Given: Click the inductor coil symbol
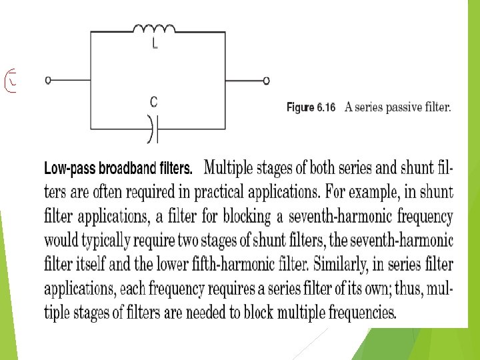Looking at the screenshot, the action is (x=154, y=29).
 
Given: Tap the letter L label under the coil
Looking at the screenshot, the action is (x=155, y=45).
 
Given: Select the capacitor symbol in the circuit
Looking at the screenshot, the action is (x=154, y=129).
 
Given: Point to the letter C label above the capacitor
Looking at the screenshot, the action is (x=154, y=102).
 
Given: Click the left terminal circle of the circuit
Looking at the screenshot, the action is (x=48, y=81).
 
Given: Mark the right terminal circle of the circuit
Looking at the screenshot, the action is (x=266, y=81).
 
